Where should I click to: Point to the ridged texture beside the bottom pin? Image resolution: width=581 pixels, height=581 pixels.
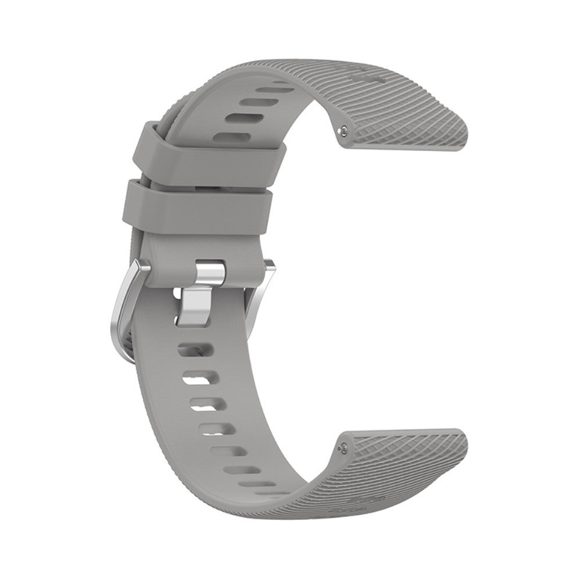point(395,459)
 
